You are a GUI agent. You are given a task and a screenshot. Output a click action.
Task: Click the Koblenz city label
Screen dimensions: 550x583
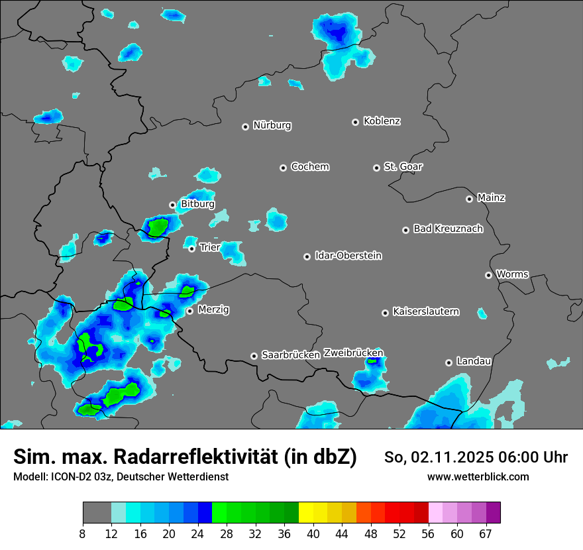[382, 121]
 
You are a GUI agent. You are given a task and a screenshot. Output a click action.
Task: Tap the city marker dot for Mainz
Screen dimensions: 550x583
[469, 199]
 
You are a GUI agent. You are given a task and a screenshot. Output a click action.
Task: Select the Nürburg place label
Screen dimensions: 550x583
[272, 125]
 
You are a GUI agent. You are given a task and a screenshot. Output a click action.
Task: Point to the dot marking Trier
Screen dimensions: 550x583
[191, 248]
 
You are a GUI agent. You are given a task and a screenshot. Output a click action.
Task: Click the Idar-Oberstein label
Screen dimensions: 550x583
[348, 256]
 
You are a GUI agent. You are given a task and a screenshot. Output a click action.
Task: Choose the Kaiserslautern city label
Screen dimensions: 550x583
[425, 311]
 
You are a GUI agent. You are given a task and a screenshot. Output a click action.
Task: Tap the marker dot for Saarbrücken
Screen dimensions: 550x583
[254, 356]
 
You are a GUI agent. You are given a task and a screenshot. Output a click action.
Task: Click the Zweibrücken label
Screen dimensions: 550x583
[353, 353]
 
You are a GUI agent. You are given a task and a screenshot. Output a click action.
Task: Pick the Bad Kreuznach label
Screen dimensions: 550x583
[448, 229]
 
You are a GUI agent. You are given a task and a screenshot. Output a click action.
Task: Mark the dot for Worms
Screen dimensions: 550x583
[488, 275]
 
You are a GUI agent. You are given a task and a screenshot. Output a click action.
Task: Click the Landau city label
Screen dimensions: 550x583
[474, 361]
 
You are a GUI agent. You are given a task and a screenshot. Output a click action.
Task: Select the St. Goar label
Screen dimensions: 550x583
[403, 167]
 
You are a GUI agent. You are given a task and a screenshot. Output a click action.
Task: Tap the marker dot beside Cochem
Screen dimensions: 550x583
[283, 168]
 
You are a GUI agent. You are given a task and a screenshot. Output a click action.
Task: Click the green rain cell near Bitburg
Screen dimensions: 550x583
[158, 228]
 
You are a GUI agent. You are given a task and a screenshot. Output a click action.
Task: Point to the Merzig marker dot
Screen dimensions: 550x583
[189, 311]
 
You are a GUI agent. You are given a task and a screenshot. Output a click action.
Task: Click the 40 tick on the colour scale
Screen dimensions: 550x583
[313, 534]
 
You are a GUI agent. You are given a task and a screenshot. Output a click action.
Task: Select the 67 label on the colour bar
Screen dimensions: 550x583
[486, 534]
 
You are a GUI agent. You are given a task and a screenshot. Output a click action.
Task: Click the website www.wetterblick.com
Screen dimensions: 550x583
[478, 477]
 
